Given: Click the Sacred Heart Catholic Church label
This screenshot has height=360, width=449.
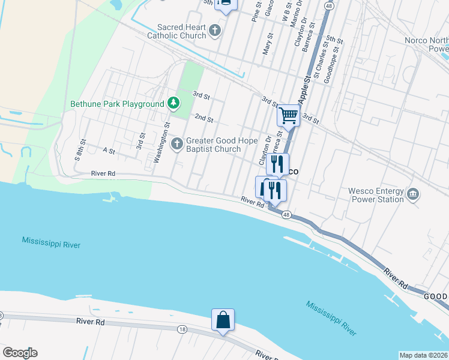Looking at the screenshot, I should coord(181,31).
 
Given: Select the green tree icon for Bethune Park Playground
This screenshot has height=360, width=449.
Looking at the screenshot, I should coord(173,104).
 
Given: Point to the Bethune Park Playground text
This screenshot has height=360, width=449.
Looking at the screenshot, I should coord(117,104).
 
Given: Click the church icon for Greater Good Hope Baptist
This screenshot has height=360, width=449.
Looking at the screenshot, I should coord(177,143).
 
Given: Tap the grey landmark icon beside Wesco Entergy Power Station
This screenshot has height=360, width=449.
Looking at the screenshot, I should coord(413,194).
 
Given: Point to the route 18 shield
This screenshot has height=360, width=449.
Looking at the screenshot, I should coord(182,329).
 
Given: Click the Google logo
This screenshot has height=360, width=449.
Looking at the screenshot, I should coord(20,353).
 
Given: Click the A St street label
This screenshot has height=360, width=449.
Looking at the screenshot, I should coord(109,151).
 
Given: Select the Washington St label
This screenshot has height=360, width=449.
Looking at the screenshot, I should coord(160,143).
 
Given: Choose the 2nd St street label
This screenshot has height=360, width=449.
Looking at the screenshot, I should coord(204,118).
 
